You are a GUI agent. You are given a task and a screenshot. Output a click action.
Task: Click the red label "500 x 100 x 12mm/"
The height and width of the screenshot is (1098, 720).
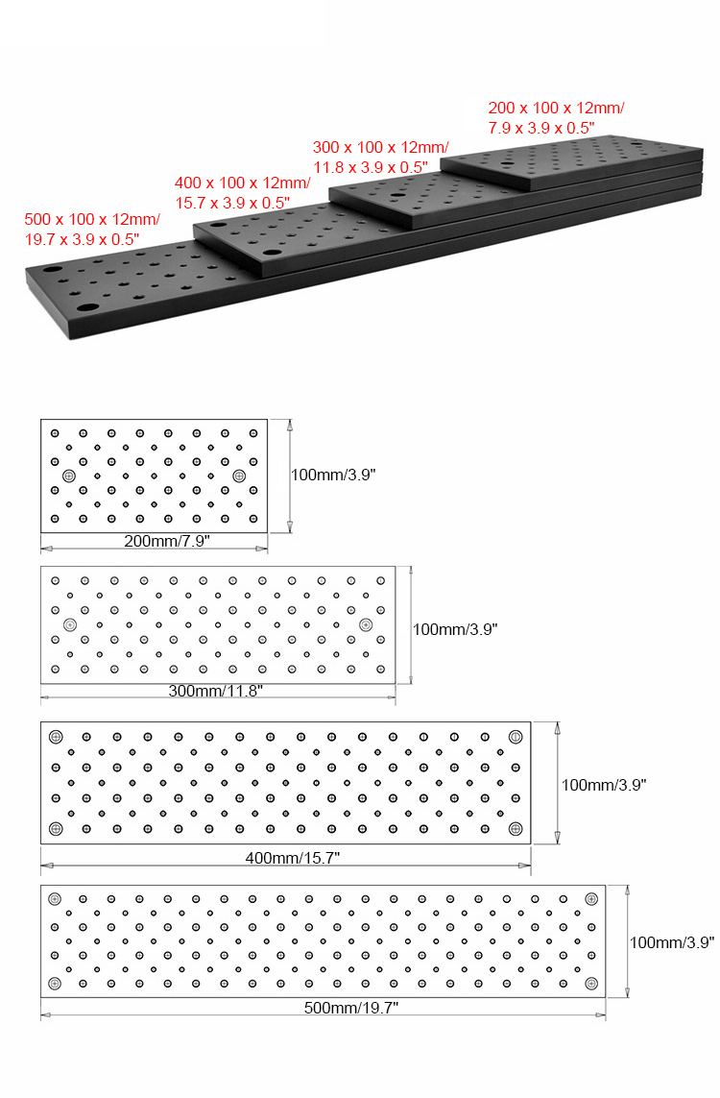coord(92,219)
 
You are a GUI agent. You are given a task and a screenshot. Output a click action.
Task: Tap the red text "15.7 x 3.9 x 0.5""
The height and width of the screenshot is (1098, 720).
coord(232,203)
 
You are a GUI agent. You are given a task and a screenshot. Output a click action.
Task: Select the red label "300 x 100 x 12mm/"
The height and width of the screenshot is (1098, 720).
coord(381,147)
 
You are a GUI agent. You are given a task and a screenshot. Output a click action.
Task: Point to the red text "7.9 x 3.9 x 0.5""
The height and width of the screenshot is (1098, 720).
coord(541,128)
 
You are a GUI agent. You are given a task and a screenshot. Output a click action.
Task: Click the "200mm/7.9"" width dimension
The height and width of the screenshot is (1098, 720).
coord(167,541)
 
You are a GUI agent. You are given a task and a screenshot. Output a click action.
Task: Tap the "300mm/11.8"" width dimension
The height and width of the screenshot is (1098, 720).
coord(215,691)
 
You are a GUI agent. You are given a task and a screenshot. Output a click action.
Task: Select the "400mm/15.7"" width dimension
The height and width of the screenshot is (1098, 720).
coord(293,858)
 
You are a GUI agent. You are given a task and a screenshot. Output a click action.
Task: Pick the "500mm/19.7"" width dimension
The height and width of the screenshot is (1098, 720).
coord(351,1008)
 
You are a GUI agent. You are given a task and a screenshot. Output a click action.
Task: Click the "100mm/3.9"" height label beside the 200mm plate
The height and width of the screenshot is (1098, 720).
coord(333,475)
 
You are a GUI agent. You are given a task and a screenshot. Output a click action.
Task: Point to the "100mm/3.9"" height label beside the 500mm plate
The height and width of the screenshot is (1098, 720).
coord(672,942)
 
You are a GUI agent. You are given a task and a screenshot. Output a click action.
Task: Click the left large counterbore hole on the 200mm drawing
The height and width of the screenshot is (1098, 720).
coord(69,476)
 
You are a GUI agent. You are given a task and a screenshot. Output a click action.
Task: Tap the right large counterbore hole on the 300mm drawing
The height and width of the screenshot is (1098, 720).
coord(365,624)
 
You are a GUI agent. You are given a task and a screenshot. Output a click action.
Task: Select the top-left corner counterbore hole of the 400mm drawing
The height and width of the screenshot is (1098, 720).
coord(56,737)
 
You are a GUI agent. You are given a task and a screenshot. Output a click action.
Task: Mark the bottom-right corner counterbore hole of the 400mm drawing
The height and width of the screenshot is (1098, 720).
coord(516,829)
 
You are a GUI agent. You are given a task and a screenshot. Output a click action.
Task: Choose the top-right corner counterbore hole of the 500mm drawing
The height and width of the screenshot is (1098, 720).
coord(591,899)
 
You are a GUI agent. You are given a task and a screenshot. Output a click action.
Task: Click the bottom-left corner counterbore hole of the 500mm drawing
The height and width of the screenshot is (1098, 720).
coord(55,984)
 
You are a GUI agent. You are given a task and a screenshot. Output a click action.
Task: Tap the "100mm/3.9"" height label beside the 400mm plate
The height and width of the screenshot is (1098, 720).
coord(604,785)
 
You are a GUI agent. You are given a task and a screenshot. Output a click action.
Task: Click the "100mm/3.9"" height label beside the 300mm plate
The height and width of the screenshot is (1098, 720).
coord(455,629)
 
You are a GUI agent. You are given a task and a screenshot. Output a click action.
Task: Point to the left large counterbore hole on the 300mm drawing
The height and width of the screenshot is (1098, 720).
coord(70,624)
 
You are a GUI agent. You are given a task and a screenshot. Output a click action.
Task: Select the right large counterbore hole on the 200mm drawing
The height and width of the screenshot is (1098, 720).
coord(239,476)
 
